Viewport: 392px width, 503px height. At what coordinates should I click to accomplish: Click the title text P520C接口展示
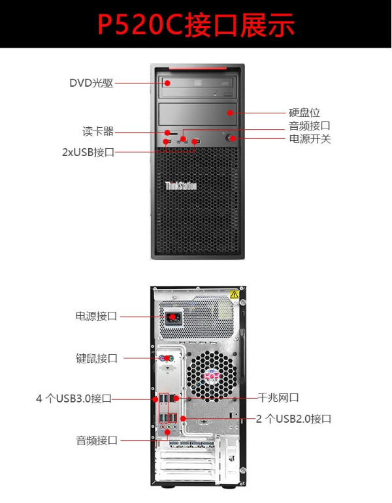pyautogui.click(x=196, y=25)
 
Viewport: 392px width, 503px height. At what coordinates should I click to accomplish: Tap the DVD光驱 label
pyautogui.click(x=91, y=83)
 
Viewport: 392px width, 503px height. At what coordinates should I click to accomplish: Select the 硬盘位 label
pyautogui.click(x=304, y=113)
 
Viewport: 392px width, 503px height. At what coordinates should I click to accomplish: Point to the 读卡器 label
pyautogui.click(x=98, y=132)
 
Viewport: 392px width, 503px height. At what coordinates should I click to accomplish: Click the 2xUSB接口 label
pyautogui.click(x=88, y=152)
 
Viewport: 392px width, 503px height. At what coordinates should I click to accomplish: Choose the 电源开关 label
pyautogui.click(x=310, y=139)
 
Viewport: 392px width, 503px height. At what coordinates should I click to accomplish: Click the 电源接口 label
pyautogui.click(x=97, y=316)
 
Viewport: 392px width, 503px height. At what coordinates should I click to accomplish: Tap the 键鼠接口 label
pyautogui.click(x=97, y=358)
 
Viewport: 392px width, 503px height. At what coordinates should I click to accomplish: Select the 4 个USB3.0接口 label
pyautogui.click(x=74, y=399)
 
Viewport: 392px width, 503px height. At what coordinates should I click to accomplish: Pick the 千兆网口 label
pyautogui.click(x=278, y=398)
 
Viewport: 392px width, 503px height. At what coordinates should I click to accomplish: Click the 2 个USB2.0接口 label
pyautogui.click(x=293, y=419)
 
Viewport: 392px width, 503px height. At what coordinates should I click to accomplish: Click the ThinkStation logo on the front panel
pyautogui.click(x=181, y=186)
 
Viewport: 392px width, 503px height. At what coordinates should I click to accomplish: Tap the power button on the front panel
pyautogui.click(x=230, y=138)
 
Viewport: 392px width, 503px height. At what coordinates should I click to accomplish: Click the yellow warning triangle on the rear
pyautogui.click(x=235, y=294)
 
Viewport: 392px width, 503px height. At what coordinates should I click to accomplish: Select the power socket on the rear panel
pyautogui.click(x=173, y=318)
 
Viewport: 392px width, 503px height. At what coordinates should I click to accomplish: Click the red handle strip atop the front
pyautogui.click(x=197, y=69)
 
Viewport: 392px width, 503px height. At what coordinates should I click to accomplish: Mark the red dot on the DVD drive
pyautogui.click(x=167, y=84)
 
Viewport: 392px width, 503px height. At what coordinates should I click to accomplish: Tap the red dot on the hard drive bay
pyautogui.click(x=230, y=113)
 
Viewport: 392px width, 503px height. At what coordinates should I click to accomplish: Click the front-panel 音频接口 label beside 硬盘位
pyautogui.click(x=310, y=126)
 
